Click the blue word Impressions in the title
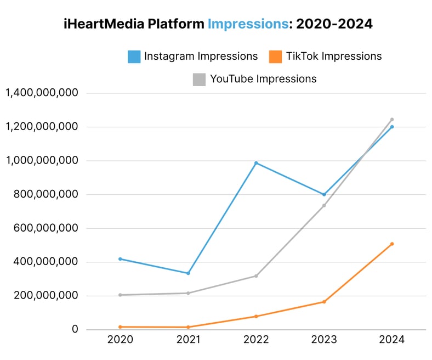coord(248,24)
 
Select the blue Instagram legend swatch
coord(134,56)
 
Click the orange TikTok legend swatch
coord(275,56)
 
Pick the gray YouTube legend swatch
coord(199,79)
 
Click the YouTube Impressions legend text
coord(263,79)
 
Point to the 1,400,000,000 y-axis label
coord(42,93)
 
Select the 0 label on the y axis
coord(75,329)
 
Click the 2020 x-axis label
coord(120,340)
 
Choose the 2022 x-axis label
coord(255,340)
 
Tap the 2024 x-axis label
coord(391,340)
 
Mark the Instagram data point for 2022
coord(256,163)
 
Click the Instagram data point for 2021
coord(188,273)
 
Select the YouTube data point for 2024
coord(392,119)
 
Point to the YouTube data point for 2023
coord(324,205)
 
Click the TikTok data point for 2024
coord(392,244)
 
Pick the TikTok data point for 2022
coord(256,316)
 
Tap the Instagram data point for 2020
coord(120,258)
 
